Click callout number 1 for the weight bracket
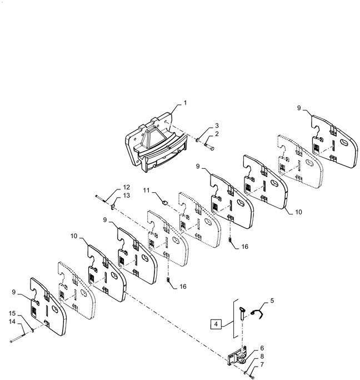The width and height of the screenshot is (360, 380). point(185,103)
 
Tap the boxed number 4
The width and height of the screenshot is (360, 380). point(216,324)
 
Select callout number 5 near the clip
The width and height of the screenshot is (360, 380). point(272,301)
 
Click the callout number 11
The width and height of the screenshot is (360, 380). point(146,190)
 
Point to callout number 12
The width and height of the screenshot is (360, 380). point(126,187)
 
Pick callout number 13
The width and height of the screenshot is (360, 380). point(126,196)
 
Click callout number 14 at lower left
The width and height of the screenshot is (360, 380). point(12,322)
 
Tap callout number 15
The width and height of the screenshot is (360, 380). point(12,313)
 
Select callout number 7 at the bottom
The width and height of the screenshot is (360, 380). point(262,364)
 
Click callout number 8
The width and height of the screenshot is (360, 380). point(262,356)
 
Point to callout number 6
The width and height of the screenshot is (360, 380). point(262,348)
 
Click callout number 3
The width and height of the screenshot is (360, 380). point(217,126)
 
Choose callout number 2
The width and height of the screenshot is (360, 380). point(217,134)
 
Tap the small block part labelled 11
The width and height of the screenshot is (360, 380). point(164,202)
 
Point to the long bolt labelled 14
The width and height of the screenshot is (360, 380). point(17,338)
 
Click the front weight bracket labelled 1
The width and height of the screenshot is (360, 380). point(156,142)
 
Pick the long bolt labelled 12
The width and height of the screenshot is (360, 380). point(101,198)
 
